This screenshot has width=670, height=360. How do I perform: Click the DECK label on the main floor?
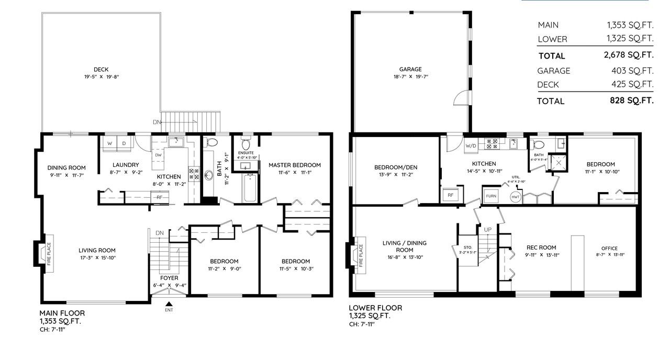pyautogui.click(x=101, y=69)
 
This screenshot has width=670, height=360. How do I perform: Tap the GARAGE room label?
pyautogui.click(x=410, y=69)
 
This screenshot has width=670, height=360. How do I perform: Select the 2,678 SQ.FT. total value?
pyautogui.click(x=628, y=55)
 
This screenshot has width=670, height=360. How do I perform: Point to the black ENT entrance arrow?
pyautogui.click(x=169, y=303)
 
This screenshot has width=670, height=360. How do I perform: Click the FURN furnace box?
pyautogui.click(x=491, y=196)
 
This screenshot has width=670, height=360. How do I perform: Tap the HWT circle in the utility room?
pyautogui.click(x=515, y=196)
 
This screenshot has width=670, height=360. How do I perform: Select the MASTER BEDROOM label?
pyautogui.click(x=294, y=165)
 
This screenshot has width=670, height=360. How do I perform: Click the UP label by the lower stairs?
pyautogui.click(x=487, y=230)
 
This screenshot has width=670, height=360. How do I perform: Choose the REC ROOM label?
pyautogui.click(x=541, y=248)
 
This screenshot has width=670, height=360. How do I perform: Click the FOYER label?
pyautogui.click(x=169, y=278)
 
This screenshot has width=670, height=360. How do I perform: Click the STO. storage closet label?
pyautogui.click(x=467, y=247)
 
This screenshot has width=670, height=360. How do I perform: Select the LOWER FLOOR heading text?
pyautogui.click(x=375, y=308)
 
